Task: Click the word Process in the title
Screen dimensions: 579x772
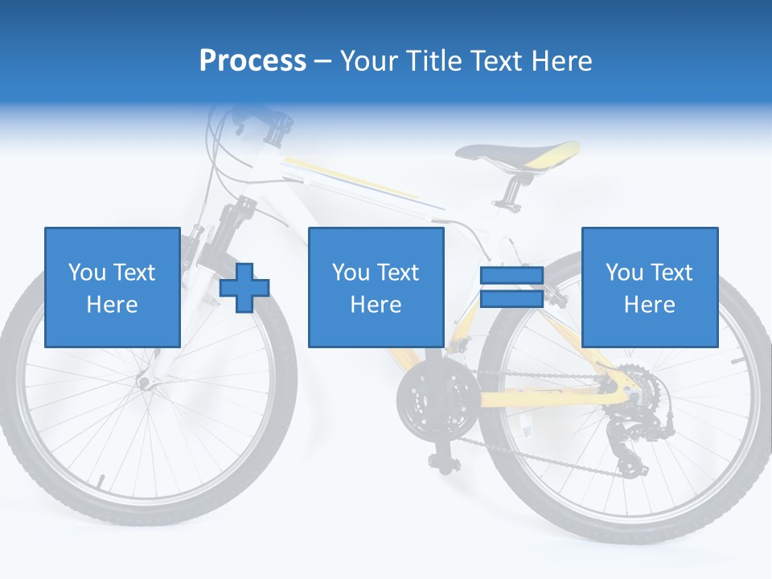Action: (253, 60)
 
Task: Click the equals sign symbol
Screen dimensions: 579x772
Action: (511, 287)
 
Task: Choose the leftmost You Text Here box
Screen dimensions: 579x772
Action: (112, 287)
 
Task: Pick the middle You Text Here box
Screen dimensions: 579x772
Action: (376, 287)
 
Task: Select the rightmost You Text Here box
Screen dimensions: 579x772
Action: (649, 287)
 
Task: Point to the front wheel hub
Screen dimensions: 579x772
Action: (146, 382)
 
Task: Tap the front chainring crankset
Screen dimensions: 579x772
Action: (427, 400)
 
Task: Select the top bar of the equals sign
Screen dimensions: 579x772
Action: (511, 277)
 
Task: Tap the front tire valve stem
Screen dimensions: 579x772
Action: (101, 482)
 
